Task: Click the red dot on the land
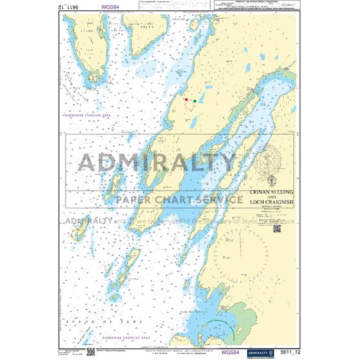click(x=186, y=100)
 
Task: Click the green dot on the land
click(x=195, y=101)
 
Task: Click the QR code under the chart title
click(x=271, y=222)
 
